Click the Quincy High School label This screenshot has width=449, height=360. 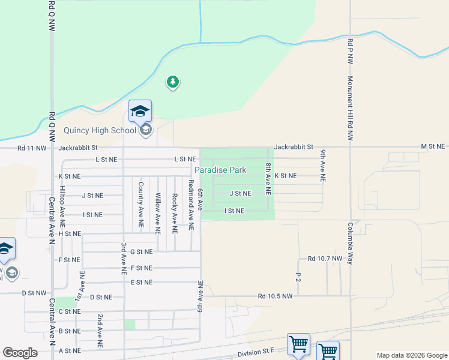coord(100,130)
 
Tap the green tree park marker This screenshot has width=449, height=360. coord(173,82)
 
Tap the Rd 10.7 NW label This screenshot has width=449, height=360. coord(325,259)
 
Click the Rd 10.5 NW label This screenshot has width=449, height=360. coord(275,296)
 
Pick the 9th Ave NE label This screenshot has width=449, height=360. coord(323,166)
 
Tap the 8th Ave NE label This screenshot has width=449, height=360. coord(268,178)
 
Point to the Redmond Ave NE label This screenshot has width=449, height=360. coord(191,205)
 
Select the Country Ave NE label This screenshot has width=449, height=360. coord(140,204)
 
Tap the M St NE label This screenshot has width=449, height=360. coord(433,146)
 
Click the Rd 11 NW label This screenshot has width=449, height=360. coord(32,147)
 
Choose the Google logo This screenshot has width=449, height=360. coord(20,353)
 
